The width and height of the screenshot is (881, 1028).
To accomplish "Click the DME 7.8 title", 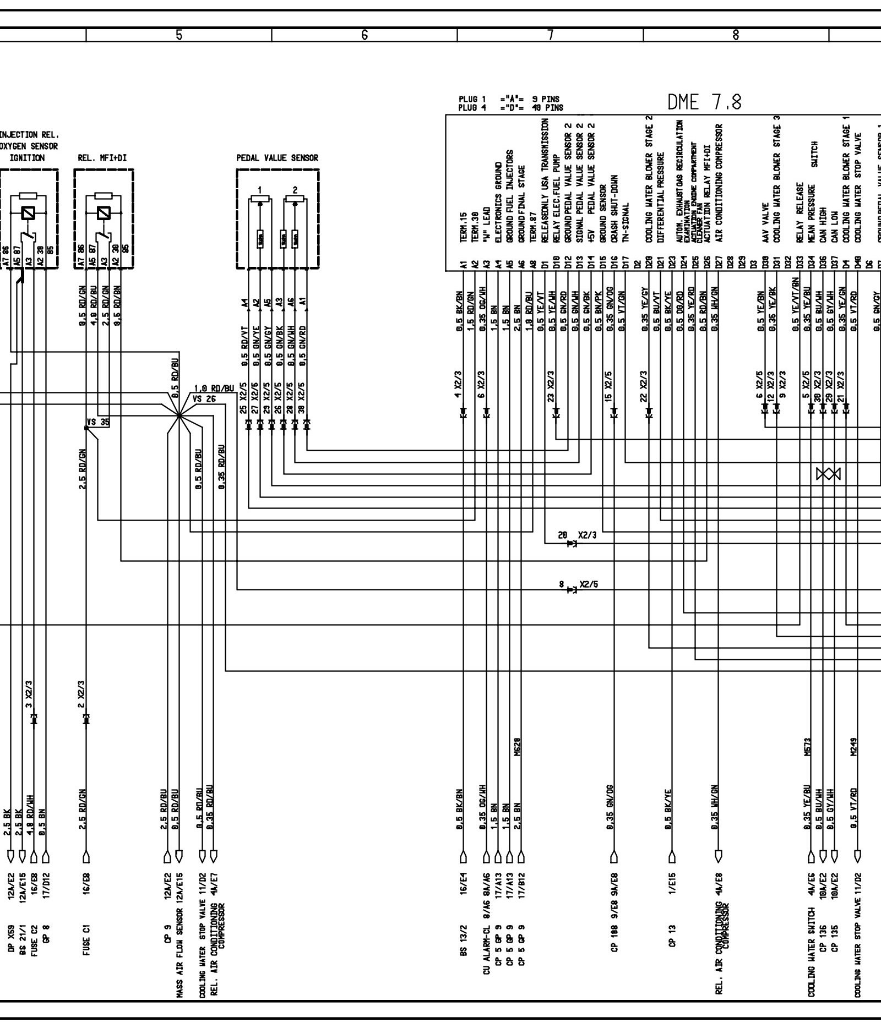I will (704, 102).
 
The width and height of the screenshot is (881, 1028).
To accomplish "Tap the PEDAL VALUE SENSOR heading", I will (277, 158).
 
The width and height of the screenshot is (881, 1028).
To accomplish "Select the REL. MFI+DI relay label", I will (102, 158).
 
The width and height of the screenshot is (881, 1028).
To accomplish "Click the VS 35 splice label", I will (97, 423).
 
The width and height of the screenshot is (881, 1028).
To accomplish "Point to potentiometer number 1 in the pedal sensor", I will (260, 190).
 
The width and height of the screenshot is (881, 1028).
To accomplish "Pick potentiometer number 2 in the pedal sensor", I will (295, 190).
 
